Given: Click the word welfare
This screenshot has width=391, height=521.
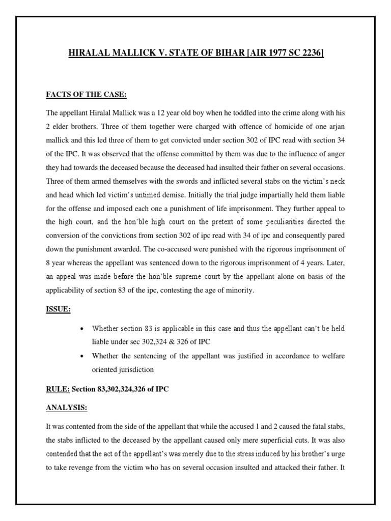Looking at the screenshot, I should (x=333, y=356).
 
